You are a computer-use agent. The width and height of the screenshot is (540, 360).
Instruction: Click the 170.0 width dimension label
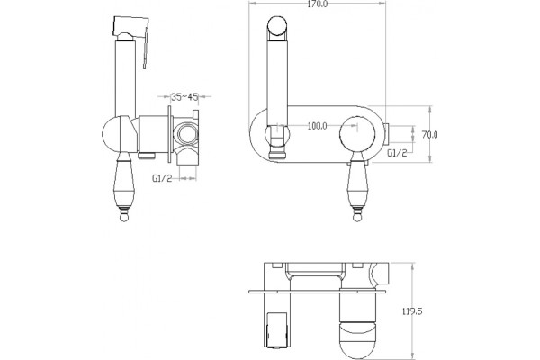[317, 4]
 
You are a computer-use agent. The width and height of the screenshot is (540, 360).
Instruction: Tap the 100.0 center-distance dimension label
[317, 126]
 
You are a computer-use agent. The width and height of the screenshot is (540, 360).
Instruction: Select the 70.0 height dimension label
[430, 135]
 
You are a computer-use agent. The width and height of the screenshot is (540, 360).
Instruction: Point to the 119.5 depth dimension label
[412, 311]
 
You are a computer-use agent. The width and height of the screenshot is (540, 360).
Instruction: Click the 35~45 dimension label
[184, 97]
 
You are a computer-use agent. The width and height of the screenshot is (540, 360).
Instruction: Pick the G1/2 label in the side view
[162, 178]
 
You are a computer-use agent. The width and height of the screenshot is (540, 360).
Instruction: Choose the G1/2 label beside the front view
[397, 153]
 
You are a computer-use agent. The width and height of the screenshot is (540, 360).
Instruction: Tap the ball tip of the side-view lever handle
[123, 217]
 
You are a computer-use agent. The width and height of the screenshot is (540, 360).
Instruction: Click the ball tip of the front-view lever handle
[357, 217]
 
